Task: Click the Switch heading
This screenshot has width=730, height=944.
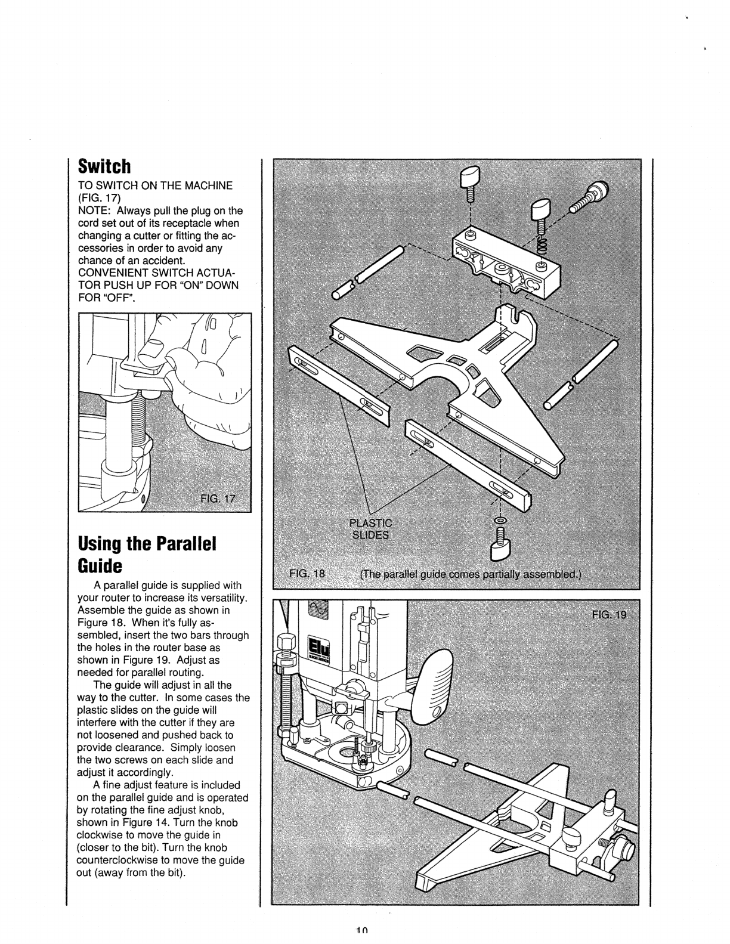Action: point(104,165)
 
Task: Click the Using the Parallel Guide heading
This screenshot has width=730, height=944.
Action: point(146,553)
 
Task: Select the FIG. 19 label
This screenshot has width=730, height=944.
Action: point(609,615)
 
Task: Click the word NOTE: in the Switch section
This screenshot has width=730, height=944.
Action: point(95,211)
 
